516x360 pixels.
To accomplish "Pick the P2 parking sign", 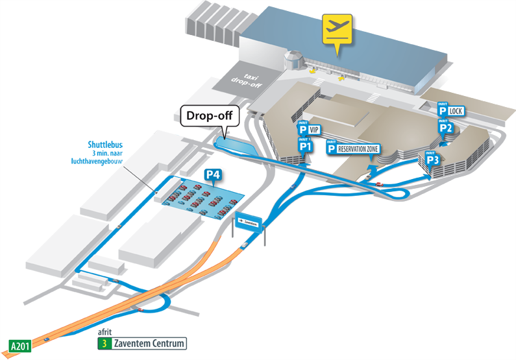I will tap(445, 127).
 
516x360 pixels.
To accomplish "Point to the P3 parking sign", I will tap(433, 158).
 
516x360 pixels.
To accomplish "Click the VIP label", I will tap(314, 130).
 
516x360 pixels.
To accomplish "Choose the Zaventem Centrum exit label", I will tap(153, 344).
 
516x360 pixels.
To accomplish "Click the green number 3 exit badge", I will tap(103, 344).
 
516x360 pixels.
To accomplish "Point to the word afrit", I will tap(104, 333).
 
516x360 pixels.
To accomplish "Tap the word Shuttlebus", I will tap(106, 145).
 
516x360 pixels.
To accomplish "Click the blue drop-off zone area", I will tap(234, 144).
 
